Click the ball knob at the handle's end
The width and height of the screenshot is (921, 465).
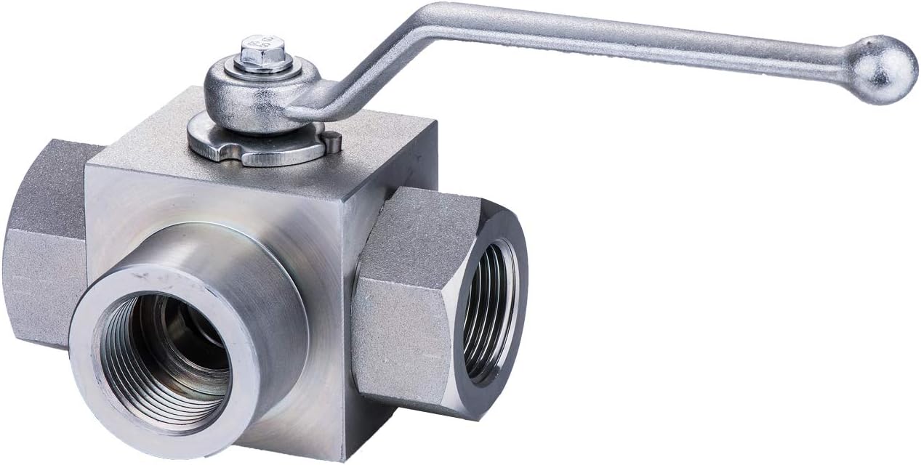(882, 69)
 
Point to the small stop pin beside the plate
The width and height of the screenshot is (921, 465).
(333, 141)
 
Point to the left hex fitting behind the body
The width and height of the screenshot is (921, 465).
(44, 240)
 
